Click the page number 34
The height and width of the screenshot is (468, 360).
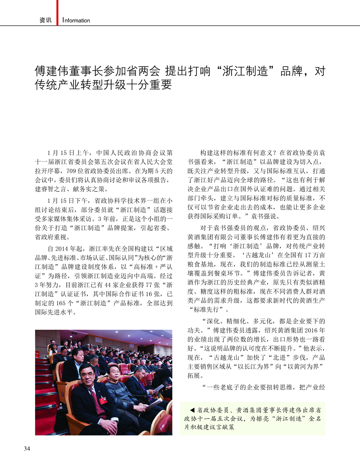27,449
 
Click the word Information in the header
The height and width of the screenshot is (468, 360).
76,21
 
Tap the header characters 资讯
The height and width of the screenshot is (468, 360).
46,21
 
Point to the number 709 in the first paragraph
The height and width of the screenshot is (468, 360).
71,171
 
